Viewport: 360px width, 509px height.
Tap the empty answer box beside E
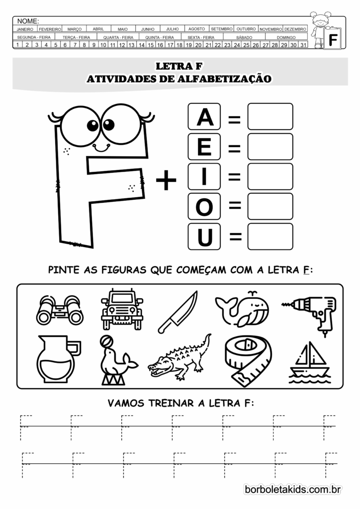coord(270,147)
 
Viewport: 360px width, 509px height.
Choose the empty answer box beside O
coord(270,206)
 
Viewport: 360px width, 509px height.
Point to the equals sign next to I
coord(234,177)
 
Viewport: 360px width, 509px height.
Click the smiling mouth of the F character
coord(101,147)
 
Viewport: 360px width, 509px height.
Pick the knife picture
coord(178,312)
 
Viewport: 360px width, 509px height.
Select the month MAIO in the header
coord(122,29)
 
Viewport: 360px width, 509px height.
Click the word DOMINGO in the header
coord(286,37)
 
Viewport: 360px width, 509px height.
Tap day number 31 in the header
coord(303,45)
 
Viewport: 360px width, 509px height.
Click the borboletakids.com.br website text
coord(292,490)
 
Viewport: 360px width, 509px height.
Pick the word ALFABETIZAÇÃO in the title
coord(222,79)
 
